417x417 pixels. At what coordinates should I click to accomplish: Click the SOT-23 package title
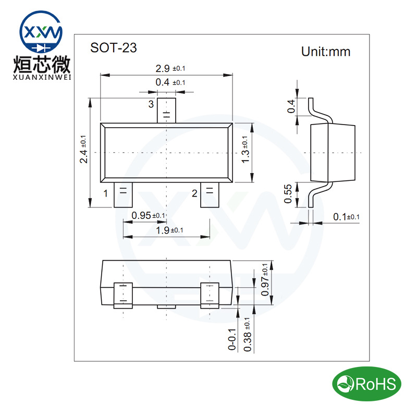click(x=113, y=48)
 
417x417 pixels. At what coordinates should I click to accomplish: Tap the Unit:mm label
click(x=326, y=52)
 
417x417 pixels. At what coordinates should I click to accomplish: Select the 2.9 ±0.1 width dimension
click(x=170, y=68)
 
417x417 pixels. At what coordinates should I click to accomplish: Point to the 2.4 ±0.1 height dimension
click(x=83, y=149)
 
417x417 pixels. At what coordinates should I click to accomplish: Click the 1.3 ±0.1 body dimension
click(x=245, y=149)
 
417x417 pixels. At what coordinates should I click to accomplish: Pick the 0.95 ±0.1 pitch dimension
click(x=148, y=215)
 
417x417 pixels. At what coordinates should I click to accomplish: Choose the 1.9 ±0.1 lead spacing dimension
click(x=169, y=230)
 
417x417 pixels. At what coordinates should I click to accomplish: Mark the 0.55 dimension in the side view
click(x=288, y=193)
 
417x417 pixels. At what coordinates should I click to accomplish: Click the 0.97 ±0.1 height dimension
click(x=265, y=279)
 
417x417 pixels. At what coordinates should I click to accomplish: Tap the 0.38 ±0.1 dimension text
click(x=247, y=334)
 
